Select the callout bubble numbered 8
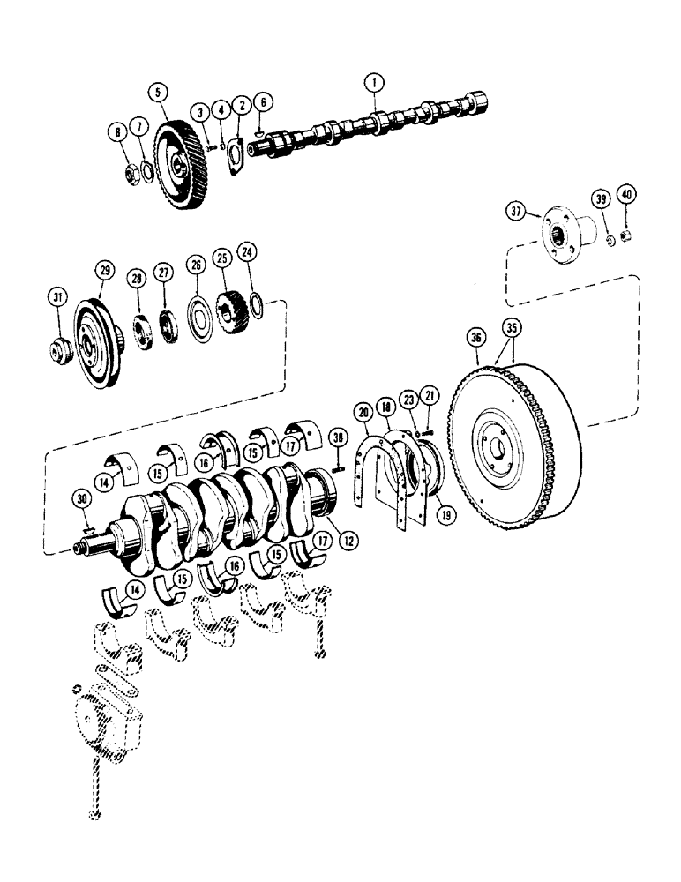116,133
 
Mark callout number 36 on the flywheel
476,336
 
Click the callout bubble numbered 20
363,411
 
